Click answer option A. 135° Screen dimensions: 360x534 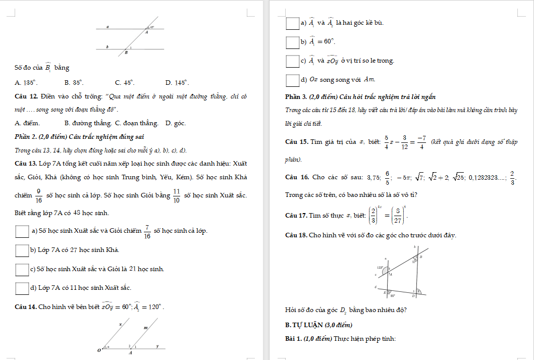point(26,82)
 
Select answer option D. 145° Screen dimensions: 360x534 point(177,82)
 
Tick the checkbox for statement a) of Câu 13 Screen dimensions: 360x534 point(22,231)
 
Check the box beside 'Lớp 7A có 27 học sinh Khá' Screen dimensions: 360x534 point(22,250)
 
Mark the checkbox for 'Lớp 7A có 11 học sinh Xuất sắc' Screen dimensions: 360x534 point(22,288)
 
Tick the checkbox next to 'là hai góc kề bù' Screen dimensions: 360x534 point(292,23)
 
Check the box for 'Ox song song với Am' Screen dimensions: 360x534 point(292,80)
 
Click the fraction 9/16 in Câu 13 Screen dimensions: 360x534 point(38,195)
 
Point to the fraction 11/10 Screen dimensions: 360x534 point(177,195)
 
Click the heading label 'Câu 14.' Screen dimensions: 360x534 point(26,307)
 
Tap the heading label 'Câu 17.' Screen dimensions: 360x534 point(296,216)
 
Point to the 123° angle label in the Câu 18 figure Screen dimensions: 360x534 point(381,268)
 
